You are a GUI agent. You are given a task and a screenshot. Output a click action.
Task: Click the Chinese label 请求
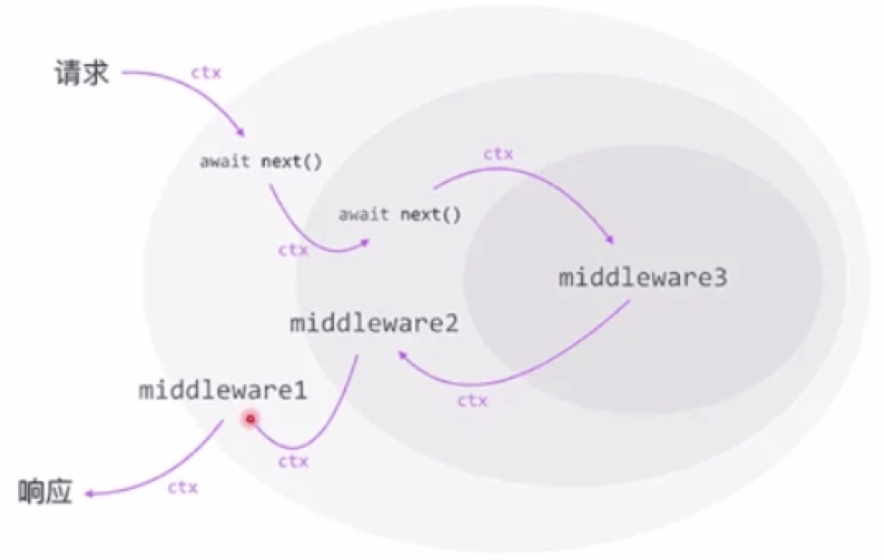tap(81, 75)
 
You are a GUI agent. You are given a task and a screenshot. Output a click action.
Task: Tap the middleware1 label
tap(222, 390)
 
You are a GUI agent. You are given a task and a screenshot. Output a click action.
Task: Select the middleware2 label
tap(374, 323)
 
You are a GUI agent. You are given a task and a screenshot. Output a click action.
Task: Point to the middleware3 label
tap(643, 278)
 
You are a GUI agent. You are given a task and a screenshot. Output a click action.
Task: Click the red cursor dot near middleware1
tap(250, 420)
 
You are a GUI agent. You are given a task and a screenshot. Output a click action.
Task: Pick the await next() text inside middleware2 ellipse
tap(399, 215)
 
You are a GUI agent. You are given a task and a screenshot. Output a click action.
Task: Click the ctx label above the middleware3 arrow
tap(498, 153)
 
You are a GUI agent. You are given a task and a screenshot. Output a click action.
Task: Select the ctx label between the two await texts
tap(293, 249)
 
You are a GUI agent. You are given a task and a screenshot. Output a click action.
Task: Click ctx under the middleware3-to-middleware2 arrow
tap(472, 401)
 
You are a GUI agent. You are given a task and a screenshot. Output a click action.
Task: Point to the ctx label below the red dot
tap(293, 461)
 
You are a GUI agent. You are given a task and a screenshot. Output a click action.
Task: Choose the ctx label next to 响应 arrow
tap(183, 487)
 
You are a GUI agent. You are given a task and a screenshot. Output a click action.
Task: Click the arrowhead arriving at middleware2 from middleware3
tap(401, 353)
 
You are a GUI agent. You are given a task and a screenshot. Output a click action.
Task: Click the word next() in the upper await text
tap(291, 161)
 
